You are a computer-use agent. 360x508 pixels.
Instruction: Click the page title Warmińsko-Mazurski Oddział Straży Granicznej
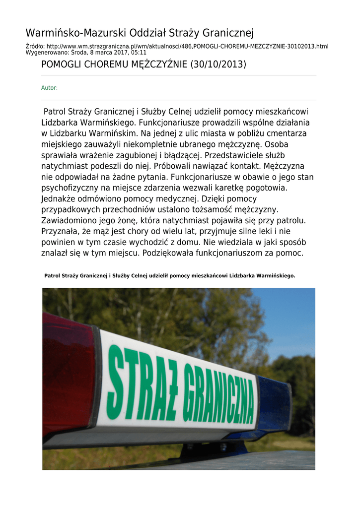(140, 33)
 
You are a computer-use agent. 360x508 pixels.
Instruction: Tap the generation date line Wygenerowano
(86, 52)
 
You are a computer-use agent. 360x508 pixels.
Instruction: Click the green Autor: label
(49, 88)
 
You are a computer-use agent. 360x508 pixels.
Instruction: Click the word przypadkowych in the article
(70, 210)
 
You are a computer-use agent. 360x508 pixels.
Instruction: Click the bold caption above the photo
(170, 275)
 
